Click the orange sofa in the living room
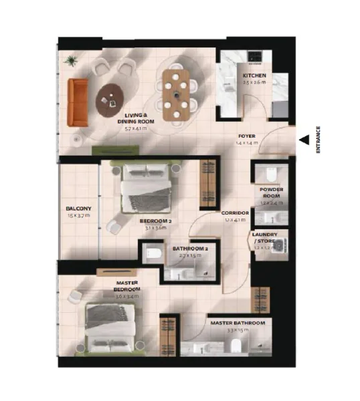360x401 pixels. click(78, 102)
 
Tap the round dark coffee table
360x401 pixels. click(111, 100)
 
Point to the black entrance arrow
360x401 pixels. click(304, 140)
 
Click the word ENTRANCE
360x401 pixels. click(319, 140)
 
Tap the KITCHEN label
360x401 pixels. click(254, 76)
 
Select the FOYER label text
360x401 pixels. click(246, 136)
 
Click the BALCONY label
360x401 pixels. click(79, 209)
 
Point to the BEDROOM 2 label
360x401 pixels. click(156, 221)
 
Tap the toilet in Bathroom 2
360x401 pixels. click(152, 253)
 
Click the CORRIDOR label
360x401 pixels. click(236, 213)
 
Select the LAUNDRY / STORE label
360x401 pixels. click(265, 239)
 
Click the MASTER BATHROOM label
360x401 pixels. click(238, 323)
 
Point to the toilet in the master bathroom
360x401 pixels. click(235, 344)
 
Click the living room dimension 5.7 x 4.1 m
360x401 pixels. click(136, 128)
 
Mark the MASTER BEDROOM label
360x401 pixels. click(127, 286)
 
